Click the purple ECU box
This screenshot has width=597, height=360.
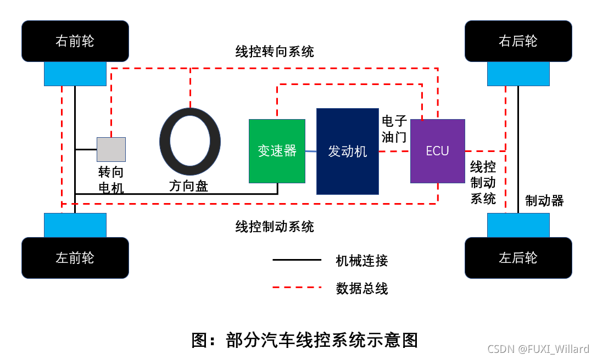click(437, 151)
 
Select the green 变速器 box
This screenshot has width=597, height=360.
click(277, 151)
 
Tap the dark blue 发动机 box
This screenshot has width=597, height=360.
click(347, 151)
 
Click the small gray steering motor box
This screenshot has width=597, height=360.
click(111, 149)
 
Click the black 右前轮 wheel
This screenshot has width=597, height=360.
click(75, 41)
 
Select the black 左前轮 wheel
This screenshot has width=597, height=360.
click(75, 258)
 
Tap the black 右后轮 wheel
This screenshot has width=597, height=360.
click(518, 41)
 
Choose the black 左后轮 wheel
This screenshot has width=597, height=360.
click(518, 258)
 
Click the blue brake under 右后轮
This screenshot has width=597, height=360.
click(518, 74)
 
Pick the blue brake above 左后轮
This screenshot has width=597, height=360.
click(518, 225)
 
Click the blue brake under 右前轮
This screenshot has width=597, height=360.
click(75, 74)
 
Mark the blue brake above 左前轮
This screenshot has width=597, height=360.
click(75, 225)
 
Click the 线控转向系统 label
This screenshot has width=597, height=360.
click(275, 52)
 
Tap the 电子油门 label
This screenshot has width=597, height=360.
click(394, 129)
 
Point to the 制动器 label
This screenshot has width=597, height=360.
click(544, 201)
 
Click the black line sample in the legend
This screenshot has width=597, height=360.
click(297, 260)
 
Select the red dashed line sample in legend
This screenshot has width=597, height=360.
click(297, 287)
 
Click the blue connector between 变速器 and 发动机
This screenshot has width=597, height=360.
click(311, 151)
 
